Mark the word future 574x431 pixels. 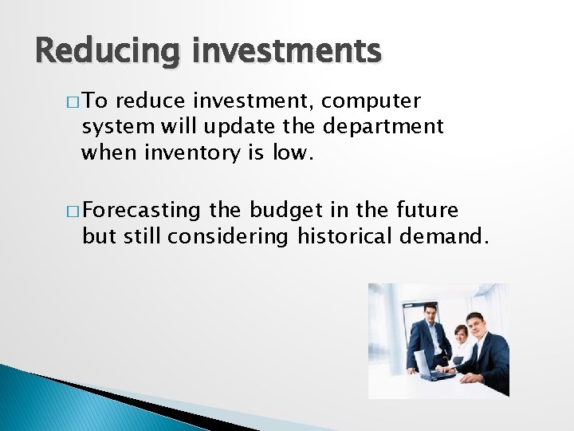coord(428,211)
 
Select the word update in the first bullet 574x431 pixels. coord(234,126)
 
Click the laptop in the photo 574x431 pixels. coord(434,370)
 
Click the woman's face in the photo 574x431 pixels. coord(461,333)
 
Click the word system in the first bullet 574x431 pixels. coord(111,126)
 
